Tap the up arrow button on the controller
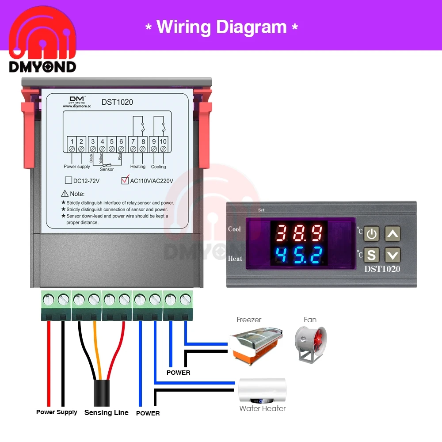[392, 233]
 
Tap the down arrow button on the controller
[392, 255]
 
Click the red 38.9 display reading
[299, 232]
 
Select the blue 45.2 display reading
[299, 254]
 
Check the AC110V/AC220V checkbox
[125, 180]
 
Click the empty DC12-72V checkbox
[68, 180]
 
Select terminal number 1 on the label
[72, 141]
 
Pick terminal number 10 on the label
[163, 141]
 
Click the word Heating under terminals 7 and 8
[138, 167]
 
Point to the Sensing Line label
[106, 412]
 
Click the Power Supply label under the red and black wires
[57, 412]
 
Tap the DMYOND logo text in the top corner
[42, 66]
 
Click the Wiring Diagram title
[221, 27]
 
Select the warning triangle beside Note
[65, 194]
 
